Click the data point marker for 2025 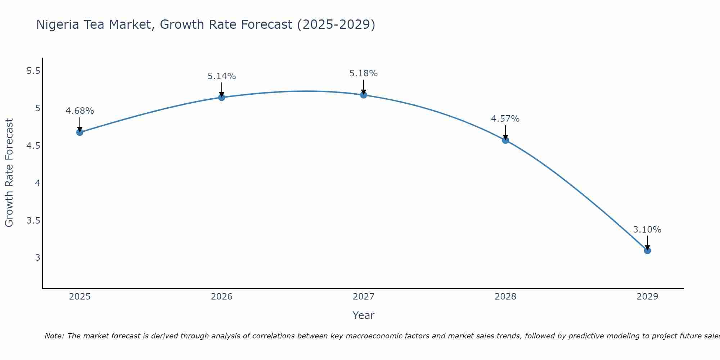pos(80,132)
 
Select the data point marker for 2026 pos(221,97)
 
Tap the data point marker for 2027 pos(363,95)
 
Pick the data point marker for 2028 pos(505,140)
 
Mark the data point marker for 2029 pos(647,250)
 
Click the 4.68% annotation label pos(80,111)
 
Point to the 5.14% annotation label pos(221,76)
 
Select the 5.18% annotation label pos(363,73)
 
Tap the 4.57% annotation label pos(505,119)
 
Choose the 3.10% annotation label pos(647,230)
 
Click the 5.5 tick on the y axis pos(33,71)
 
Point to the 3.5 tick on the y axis pos(33,220)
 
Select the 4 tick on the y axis pos(37,183)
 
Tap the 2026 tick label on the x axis pos(221,297)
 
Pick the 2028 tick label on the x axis pos(505,297)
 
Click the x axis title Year pos(363,315)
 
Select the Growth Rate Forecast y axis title pos(9,172)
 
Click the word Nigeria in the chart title pos(58,24)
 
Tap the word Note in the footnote pos(54,336)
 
